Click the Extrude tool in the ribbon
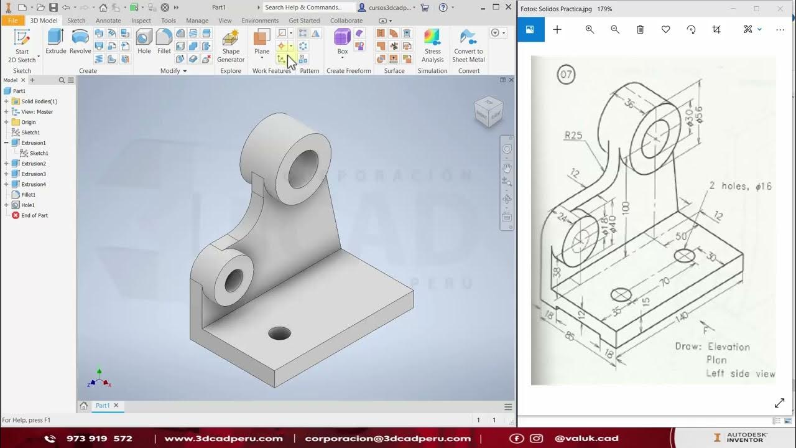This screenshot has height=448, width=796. (56, 42)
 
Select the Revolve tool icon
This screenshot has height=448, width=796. (80, 42)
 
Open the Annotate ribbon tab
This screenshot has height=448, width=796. (108, 21)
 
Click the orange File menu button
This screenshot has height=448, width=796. (13, 21)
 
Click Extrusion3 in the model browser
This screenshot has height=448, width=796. (34, 174)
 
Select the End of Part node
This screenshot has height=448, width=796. (34, 215)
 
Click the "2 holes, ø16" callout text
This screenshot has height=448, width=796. (740, 186)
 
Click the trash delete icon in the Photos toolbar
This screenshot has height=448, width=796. (640, 29)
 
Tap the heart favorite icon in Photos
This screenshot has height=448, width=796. (665, 29)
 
